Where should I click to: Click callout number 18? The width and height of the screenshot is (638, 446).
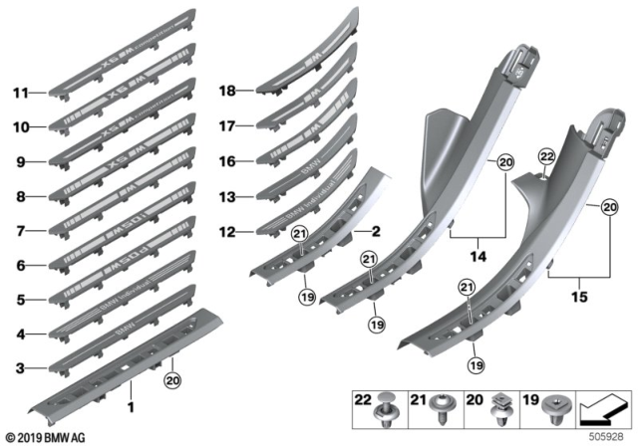[x=227, y=91]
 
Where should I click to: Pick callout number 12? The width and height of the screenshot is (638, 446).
[x=227, y=232]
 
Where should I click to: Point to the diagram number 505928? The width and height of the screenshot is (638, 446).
[x=609, y=435]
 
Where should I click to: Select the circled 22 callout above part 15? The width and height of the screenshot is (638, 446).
[x=545, y=158]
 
